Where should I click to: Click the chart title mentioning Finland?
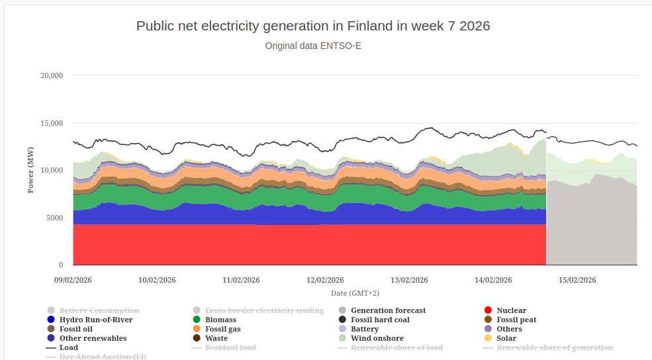click(312, 26)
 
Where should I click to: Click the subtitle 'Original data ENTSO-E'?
click(313, 46)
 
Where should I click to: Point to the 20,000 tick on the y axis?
click(52, 75)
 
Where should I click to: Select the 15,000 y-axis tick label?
click(52, 123)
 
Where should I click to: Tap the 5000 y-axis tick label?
click(54, 218)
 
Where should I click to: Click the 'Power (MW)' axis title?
click(31, 170)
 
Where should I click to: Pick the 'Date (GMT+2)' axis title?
click(355, 292)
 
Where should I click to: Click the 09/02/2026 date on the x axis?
click(73, 280)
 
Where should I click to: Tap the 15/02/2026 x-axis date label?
click(577, 280)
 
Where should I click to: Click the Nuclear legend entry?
click(511, 310)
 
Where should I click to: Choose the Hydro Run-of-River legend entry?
click(95, 320)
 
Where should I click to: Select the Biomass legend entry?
click(220, 320)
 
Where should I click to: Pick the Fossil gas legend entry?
click(222, 329)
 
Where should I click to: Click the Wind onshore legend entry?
click(374, 338)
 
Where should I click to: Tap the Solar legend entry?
click(506, 338)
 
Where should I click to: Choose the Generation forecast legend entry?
click(388, 310)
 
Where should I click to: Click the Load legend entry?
click(68, 347)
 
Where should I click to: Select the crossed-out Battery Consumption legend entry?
click(99, 310)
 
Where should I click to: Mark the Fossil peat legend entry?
click(516, 320)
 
